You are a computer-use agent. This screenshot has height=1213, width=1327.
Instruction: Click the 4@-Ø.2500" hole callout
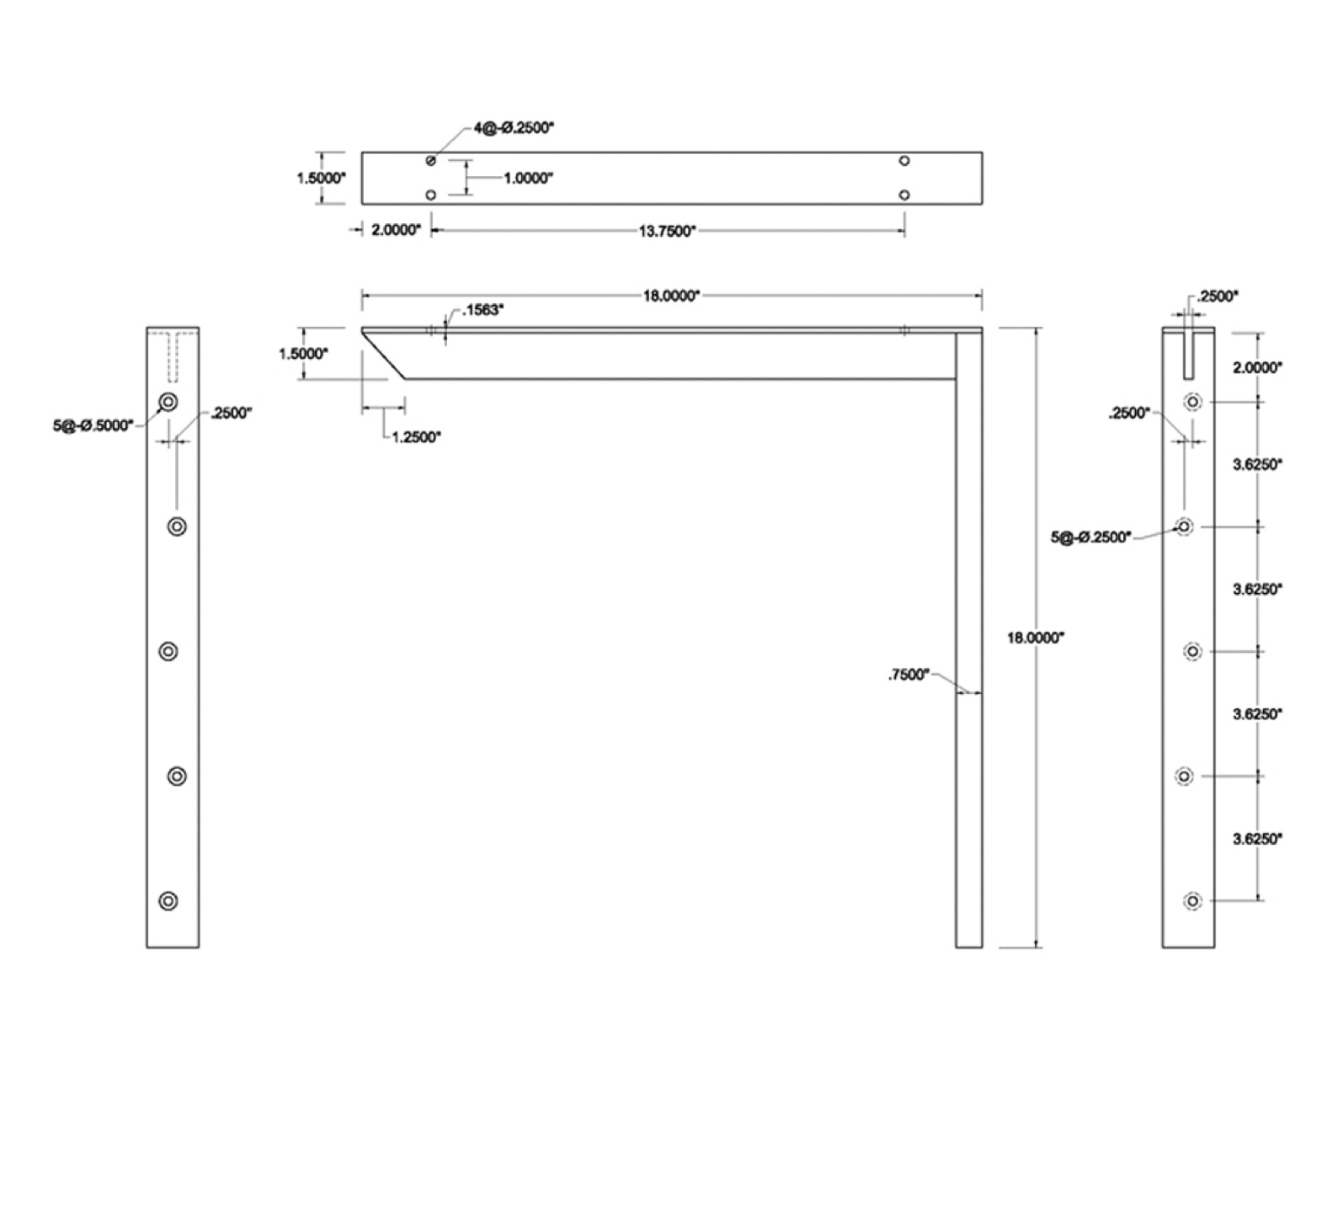point(514,128)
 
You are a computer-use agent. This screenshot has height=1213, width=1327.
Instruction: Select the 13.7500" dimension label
point(667,231)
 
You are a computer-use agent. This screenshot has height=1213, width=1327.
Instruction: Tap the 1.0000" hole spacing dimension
point(528,179)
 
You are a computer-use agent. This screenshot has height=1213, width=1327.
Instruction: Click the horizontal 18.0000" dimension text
point(671,296)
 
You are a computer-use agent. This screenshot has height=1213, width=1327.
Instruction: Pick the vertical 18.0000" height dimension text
point(1036,639)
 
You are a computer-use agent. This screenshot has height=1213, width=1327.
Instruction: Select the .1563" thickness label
point(483,310)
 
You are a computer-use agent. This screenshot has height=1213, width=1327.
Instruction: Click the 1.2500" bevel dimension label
point(417,437)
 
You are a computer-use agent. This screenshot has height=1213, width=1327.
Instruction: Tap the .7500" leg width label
point(909,675)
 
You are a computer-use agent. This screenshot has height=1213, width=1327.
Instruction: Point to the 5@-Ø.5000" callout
point(93,425)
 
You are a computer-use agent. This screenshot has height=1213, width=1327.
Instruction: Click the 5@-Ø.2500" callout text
point(1091,537)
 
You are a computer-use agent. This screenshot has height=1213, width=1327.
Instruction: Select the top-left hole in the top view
point(431,160)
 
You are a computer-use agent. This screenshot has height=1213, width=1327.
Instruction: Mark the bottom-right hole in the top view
point(904,195)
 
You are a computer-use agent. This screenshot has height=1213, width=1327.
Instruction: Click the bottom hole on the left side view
point(168,900)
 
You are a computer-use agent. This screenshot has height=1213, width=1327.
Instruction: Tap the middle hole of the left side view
point(168,651)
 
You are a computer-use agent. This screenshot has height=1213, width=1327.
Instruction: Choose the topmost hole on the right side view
point(1193,402)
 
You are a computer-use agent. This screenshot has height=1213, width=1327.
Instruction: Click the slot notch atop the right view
point(1188,353)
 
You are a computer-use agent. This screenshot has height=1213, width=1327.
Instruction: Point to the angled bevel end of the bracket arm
point(384,354)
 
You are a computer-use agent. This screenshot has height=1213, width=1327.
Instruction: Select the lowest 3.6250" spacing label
point(1257,839)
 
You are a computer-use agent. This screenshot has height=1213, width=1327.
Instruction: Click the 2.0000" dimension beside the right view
point(1257,367)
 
